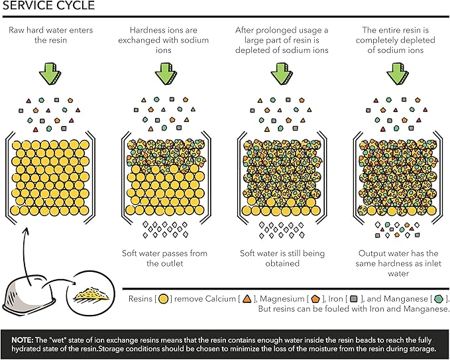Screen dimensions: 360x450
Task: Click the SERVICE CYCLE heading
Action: (x=48, y=7)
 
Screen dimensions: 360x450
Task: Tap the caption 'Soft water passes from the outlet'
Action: (x=164, y=258)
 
